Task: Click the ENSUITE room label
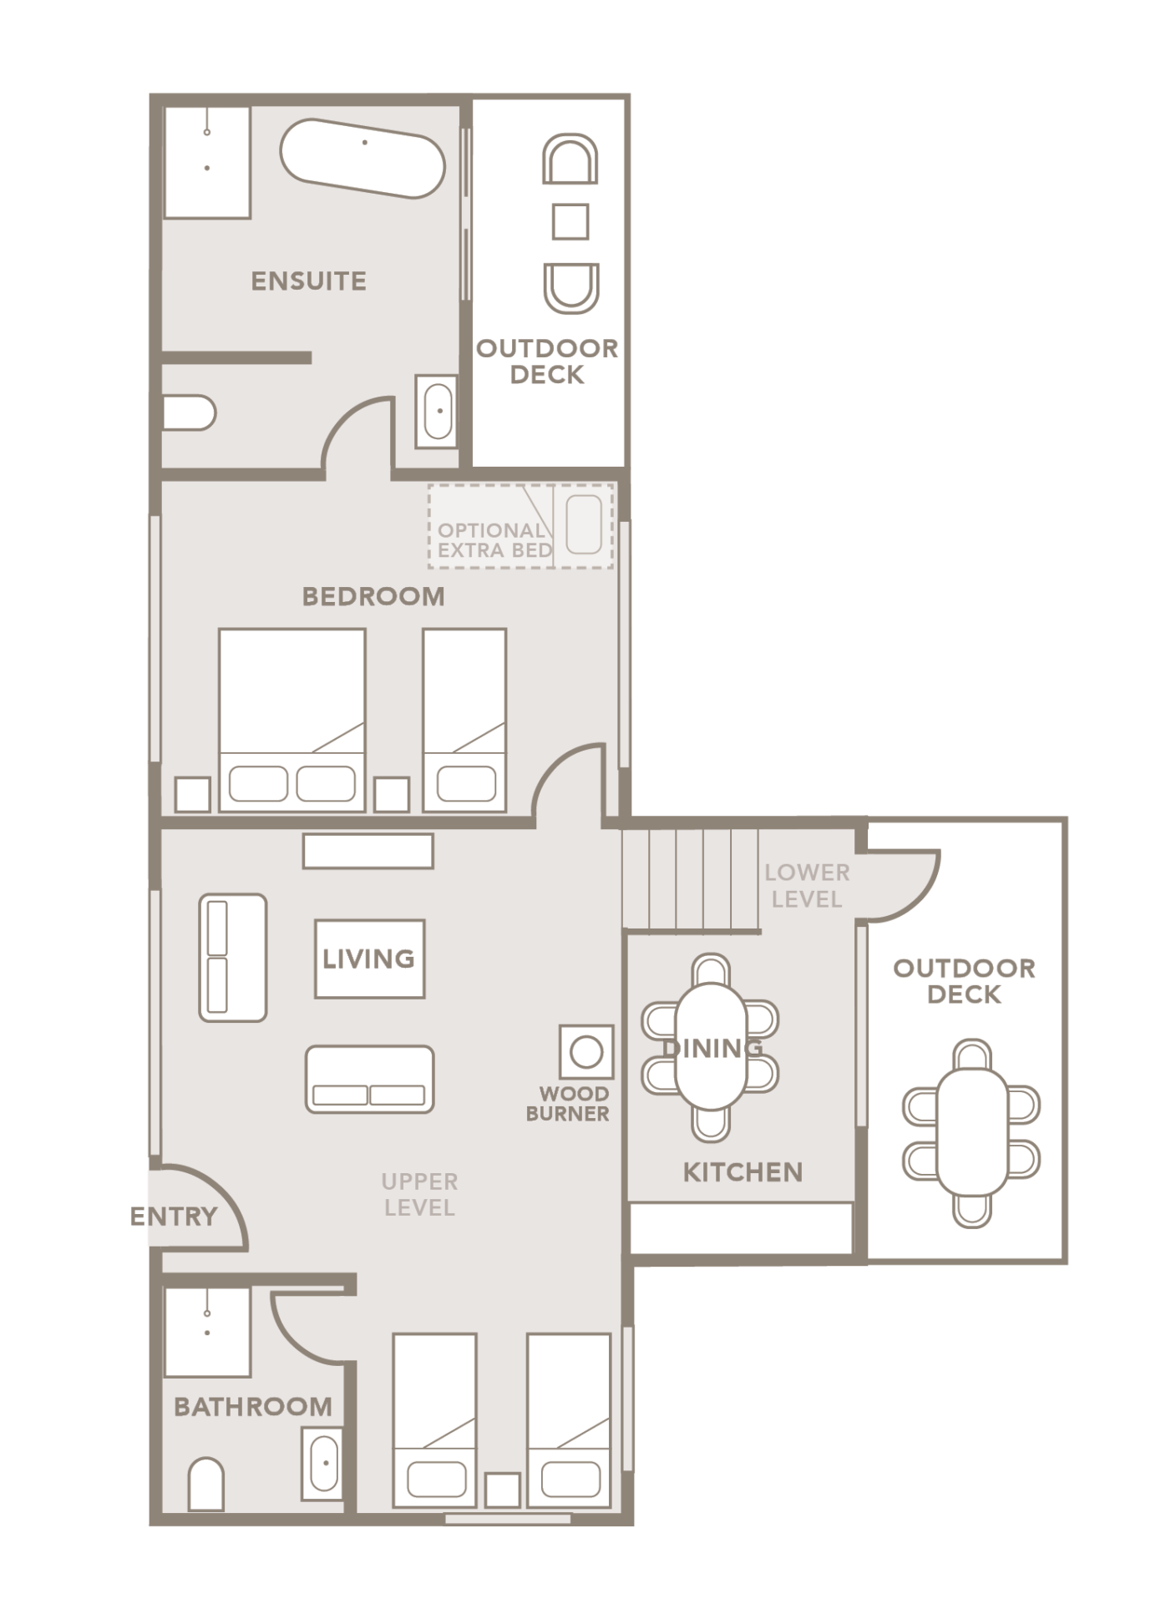308,281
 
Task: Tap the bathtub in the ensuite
362,159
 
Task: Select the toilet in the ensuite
190,412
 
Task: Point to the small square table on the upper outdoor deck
570,222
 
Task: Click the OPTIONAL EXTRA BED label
494,540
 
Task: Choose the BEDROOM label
373,596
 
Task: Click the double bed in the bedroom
291,720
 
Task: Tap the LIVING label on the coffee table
369,959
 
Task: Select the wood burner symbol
586,1052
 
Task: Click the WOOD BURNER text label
568,1103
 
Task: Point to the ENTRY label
174,1217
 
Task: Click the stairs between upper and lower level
691,878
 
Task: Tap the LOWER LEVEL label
807,886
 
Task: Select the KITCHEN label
743,1172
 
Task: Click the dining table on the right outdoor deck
971,1133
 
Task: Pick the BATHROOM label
253,1407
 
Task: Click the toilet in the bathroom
206,1484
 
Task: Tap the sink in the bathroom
323,1462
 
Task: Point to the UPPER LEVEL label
419,1195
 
